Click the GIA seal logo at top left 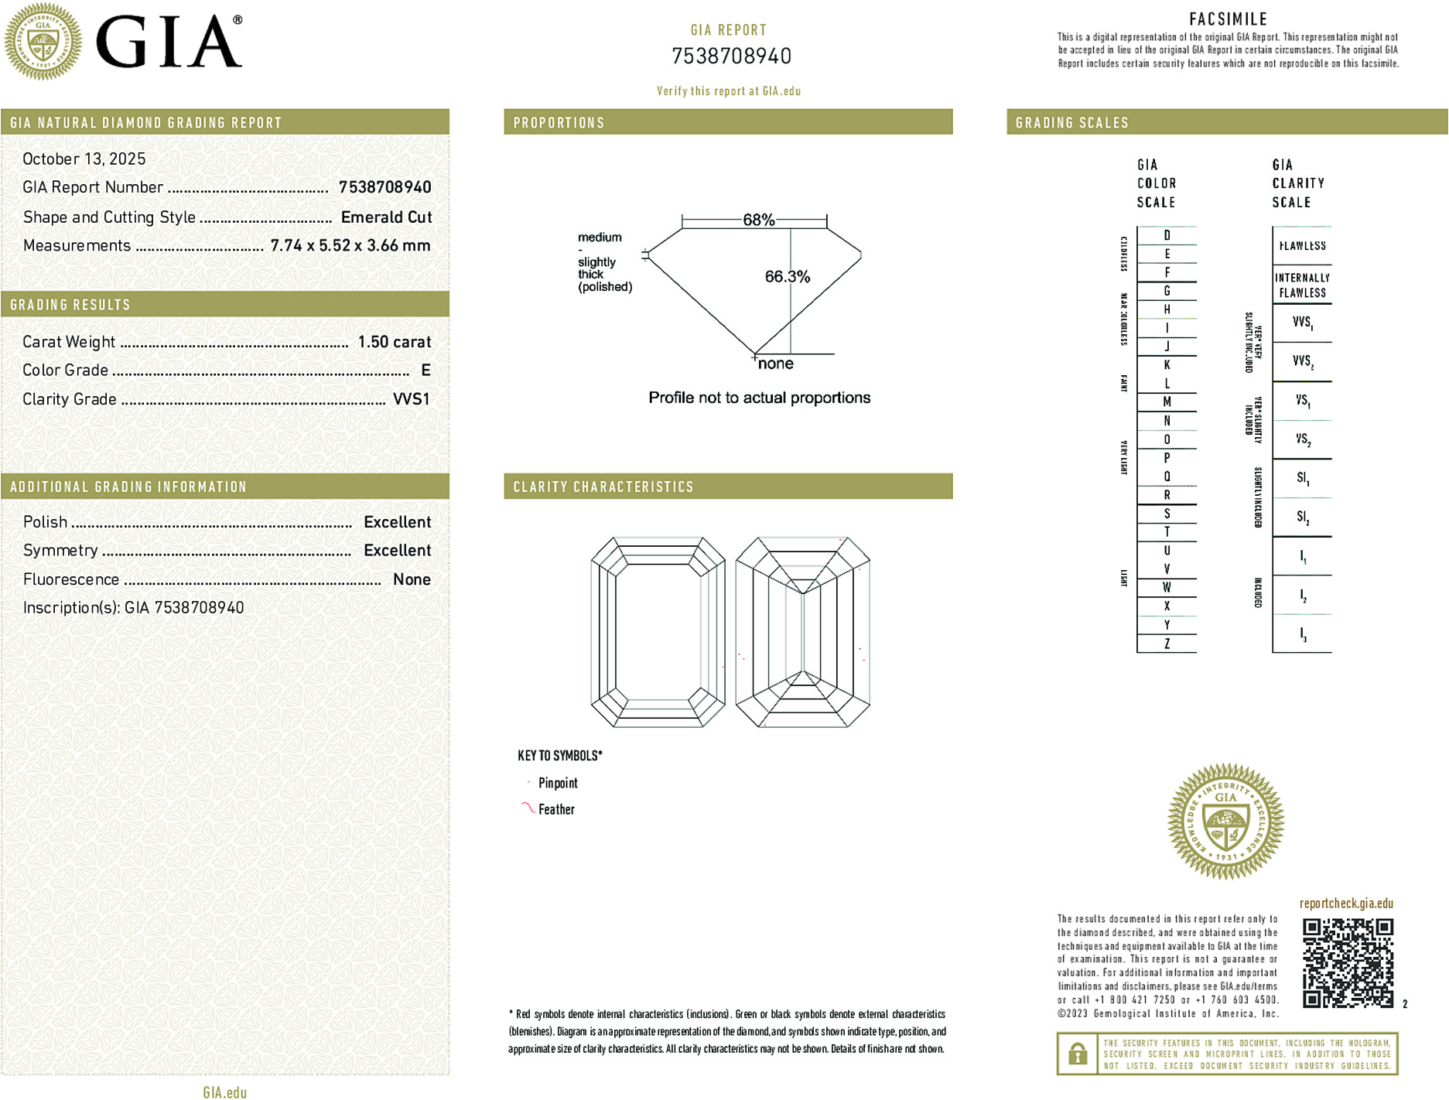point(43,42)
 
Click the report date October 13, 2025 point(84,159)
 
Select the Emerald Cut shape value point(386,217)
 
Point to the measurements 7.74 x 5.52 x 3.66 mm point(350,246)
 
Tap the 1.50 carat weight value point(394,342)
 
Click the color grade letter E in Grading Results point(425,371)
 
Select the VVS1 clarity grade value point(411,399)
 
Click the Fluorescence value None point(412,579)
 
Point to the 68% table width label point(758,220)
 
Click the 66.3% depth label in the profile point(787,276)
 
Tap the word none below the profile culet point(775,364)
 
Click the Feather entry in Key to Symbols point(556,809)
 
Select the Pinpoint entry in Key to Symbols point(558,783)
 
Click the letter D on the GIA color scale point(1167,235)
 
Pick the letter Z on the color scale point(1167,644)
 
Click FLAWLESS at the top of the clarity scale point(1302,246)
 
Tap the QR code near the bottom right point(1348,963)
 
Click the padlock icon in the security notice point(1077,1054)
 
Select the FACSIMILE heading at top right point(1228,19)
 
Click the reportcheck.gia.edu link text point(1346,904)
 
